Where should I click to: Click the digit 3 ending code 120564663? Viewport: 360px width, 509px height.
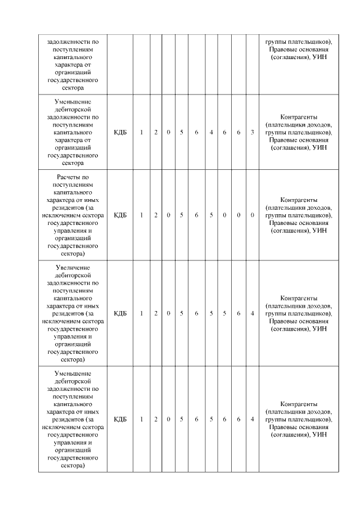(253, 132)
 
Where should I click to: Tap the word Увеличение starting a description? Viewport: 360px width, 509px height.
(73, 267)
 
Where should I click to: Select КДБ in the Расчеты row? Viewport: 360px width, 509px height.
(120, 215)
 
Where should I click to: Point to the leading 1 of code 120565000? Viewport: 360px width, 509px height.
(142, 215)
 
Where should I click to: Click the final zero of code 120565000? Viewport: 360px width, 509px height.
(253, 215)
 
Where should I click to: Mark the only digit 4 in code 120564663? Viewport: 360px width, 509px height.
(211, 132)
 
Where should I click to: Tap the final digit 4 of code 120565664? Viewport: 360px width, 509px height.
(253, 419)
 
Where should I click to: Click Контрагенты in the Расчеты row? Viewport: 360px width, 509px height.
(298, 200)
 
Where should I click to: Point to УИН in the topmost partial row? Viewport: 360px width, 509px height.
(320, 57)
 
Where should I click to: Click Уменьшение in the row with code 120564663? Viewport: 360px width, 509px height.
(73, 102)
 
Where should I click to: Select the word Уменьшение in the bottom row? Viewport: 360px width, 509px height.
(73, 373)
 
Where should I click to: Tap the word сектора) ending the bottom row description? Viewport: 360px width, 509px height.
(73, 465)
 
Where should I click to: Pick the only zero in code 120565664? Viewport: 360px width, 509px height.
(169, 419)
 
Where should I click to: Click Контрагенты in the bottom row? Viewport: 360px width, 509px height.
(298, 404)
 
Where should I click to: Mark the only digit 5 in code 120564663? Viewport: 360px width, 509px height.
(182, 132)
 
